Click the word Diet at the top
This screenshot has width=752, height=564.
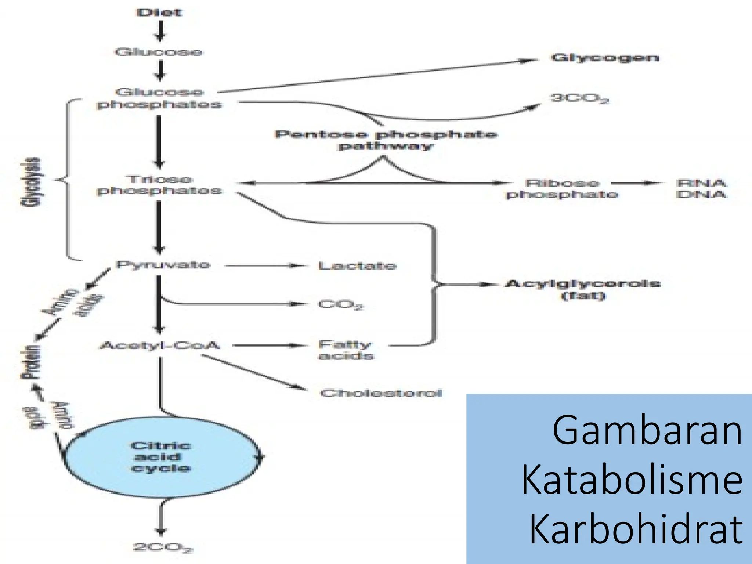[x=159, y=12]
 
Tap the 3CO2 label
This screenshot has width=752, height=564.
[x=579, y=98]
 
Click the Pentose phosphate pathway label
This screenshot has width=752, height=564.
[x=386, y=140]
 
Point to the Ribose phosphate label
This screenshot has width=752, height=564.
[x=562, y=188]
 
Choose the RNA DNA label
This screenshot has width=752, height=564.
[x=701, y=188]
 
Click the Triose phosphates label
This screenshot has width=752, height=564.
[x=159, y=185]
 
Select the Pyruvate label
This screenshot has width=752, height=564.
[x=163, y=265]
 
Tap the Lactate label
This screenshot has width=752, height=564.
[x=357, y=266]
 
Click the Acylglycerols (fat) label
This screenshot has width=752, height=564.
[x=583, y=289]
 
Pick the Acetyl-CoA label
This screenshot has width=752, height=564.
[x=160, y=346]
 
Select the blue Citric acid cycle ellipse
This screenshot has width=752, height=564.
[x=162, y=457]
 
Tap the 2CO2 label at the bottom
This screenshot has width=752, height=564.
[x=162, y=547]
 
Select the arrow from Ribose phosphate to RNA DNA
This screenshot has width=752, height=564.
[x=637, y=183]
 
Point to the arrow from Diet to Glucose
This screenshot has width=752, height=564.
[x=160, y=32]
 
